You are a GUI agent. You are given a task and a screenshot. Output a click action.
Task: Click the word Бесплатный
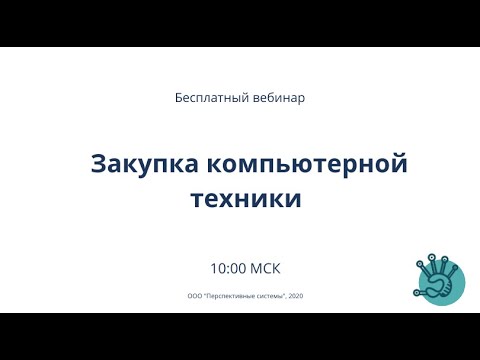coord(207,99)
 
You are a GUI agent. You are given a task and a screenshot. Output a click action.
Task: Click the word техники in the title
coord(245,197)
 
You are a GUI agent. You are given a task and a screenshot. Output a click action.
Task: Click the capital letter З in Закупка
coord(99,163)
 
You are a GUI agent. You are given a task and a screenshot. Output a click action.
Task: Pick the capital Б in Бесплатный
coord(178,99)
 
